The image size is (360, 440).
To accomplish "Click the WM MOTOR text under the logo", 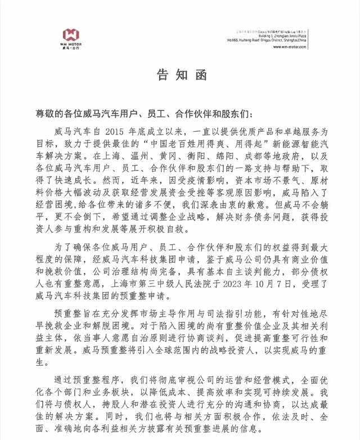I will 72,46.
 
